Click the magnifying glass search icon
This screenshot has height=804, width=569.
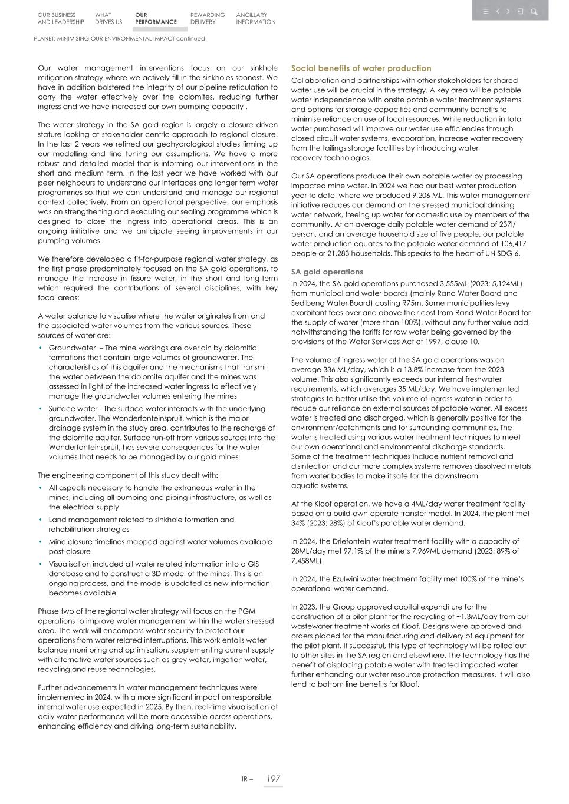click(534, 11)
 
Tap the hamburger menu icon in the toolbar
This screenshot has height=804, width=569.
click(485, 11)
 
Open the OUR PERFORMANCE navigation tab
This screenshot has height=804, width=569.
click(156, 18)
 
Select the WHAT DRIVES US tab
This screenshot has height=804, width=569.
click(108, 18)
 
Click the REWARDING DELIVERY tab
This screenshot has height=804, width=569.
click(208, 18)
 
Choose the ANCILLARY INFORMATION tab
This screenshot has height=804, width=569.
click(255, 18)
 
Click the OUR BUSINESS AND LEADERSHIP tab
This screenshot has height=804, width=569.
click(60, 18)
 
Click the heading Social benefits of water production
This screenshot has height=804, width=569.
click(361, 68)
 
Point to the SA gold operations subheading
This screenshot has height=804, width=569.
click(327, 272)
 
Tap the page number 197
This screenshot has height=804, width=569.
click(272, 778)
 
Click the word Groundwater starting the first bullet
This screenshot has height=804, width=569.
click(72, 348)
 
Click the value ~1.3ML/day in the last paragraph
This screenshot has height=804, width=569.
click(469, 617)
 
